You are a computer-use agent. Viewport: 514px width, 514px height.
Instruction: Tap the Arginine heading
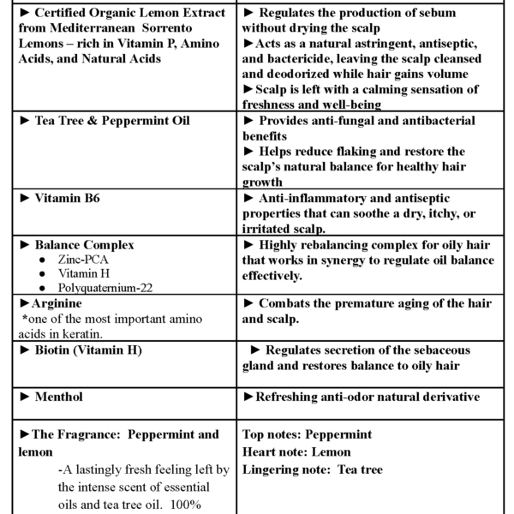[x=56, y=303]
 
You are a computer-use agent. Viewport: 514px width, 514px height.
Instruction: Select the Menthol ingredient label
[x=59, y=397]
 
